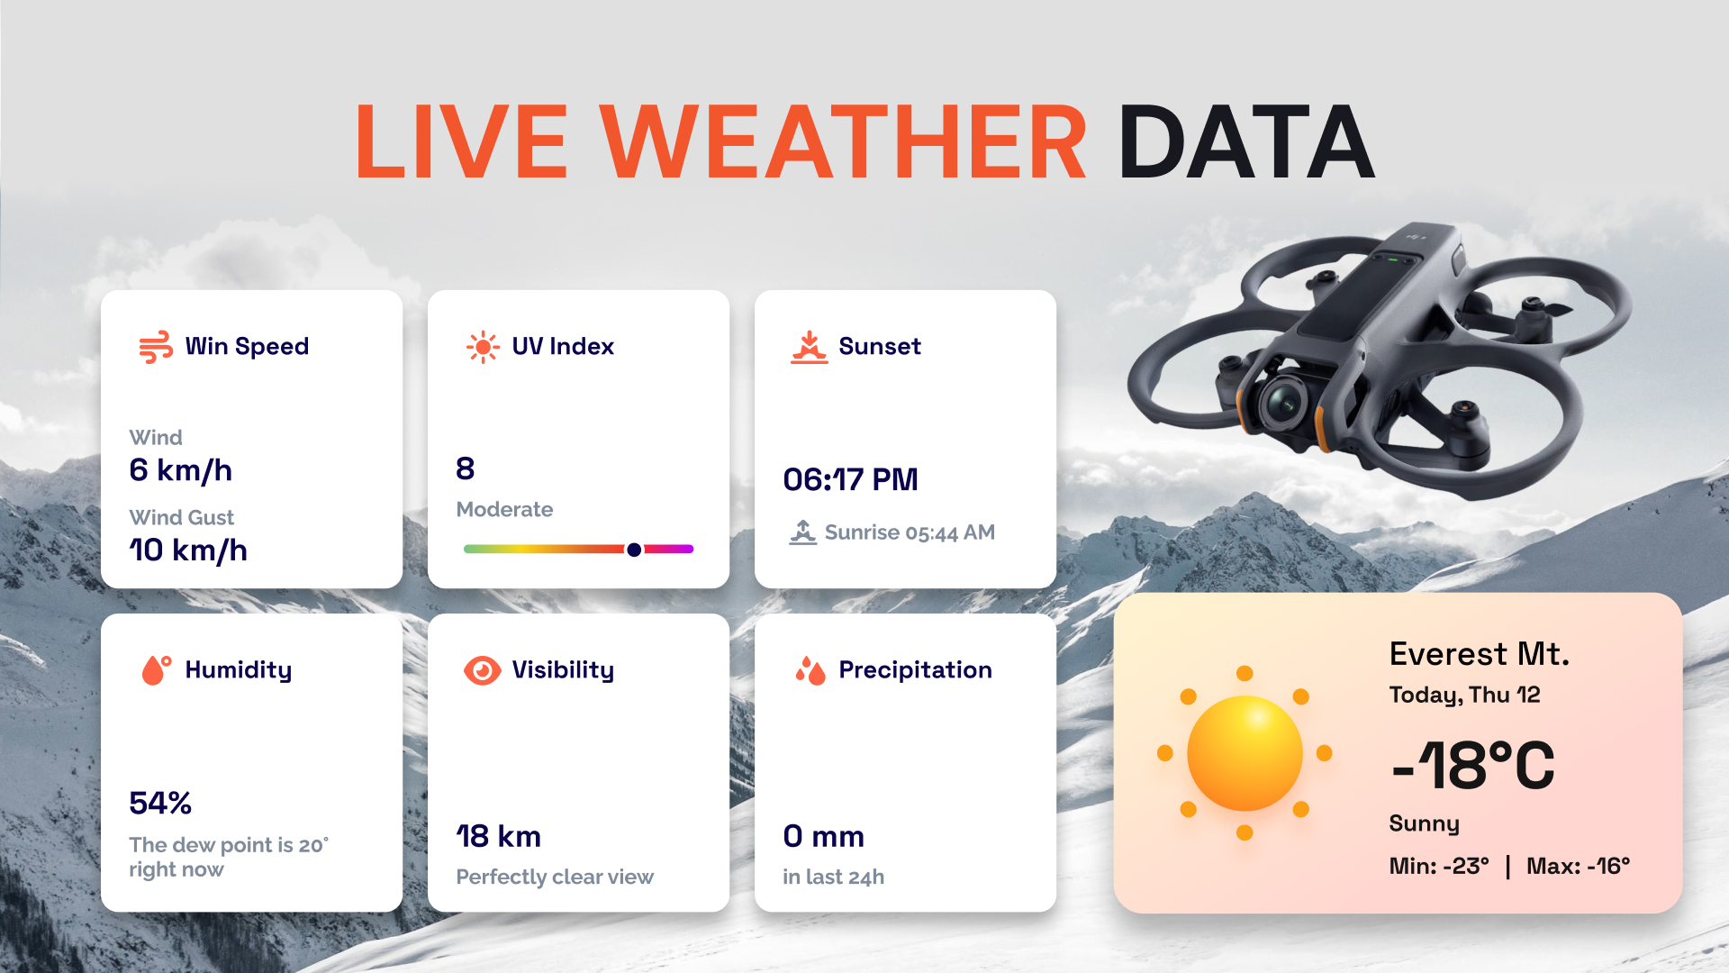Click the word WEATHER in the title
[844, 142]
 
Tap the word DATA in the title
[1246, 142]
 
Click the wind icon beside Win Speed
[156, 347]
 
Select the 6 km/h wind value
[180, 470]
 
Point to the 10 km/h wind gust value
[187, 550]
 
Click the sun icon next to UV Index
[483, 347]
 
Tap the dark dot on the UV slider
[634, 550]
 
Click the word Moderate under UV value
[504, 510]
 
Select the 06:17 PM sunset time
[850, 480]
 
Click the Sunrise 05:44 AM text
[910, 532]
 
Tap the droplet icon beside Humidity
[156, 670]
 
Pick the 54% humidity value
[160, 803]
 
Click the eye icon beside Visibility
[483, 670]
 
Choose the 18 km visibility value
[498, 837]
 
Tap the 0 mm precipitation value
[823, 837]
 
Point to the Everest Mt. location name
[1479, 654]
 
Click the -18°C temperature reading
[1473, 766]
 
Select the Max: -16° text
[1578, 867]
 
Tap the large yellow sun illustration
[1245, 753]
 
